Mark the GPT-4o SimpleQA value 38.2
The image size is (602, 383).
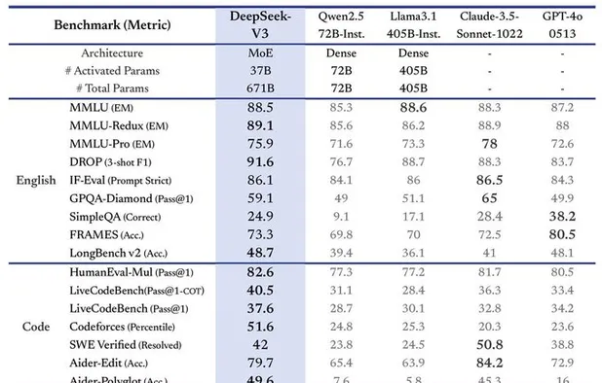click(562, 215)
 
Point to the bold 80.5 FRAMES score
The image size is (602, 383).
click(562, 233)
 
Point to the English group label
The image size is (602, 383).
click(35, 181)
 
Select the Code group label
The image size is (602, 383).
click(35, 327)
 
